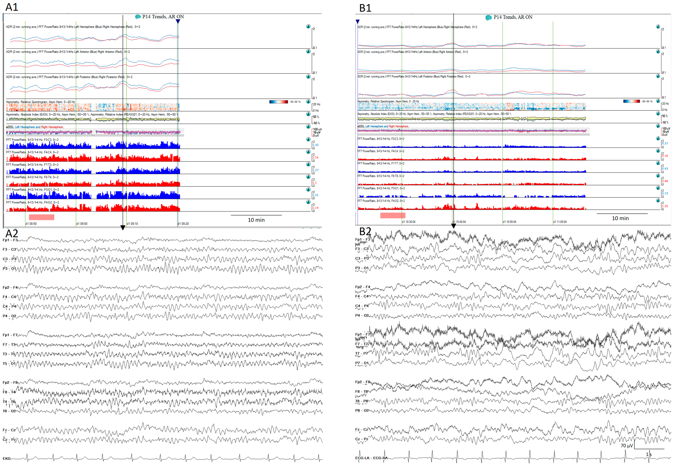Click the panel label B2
click(x=365, y=231)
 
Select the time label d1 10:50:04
click(x=509, y=222)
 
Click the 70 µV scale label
click(x=627, y=446)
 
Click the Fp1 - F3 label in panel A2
click(x=10, y=240)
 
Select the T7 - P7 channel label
click(x=362, y=354)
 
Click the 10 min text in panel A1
click(x=256, y=220)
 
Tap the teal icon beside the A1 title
click(x=138, y=17)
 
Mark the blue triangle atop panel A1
click(x=178, y=21)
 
